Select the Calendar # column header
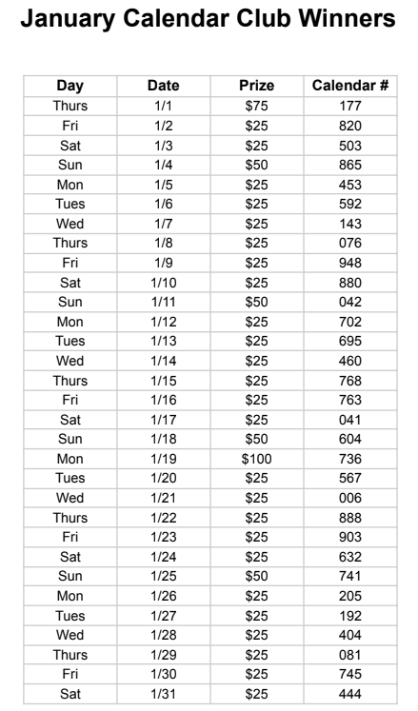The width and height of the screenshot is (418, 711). tap(349, 87)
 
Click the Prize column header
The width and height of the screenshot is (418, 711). tap(256, 87)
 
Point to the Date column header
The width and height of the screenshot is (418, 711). tap(163, 87)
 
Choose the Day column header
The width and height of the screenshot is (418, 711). tap(70, 87)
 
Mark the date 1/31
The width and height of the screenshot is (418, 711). tap(163, 695)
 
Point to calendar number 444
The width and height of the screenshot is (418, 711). tap(349, 695)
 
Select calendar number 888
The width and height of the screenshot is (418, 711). tap(349, 518)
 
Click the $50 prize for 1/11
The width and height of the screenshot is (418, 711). tap(256, 302)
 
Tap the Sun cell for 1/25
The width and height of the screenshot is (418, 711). tap(70, 577)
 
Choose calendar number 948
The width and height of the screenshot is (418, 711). tap(349, 263)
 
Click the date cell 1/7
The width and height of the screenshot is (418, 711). tap(163, 224)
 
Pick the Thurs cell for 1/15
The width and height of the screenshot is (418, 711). tap(70, 381)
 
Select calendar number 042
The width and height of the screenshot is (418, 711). tap(349, 302)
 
